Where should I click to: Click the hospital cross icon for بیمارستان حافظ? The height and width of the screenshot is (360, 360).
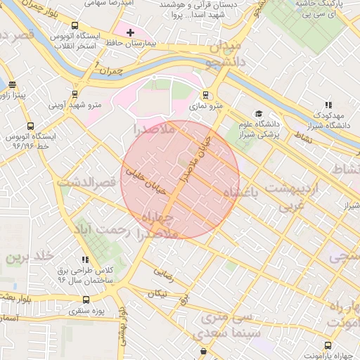[x=130, y=32]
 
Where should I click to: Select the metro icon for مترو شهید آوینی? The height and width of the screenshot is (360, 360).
[x=75, y=94]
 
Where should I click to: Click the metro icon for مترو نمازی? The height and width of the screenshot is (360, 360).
[x=205, y=95]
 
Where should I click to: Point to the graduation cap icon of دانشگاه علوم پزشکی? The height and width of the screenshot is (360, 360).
[x=259, y=114]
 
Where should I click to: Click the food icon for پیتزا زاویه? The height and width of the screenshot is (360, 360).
[x=13, y=84]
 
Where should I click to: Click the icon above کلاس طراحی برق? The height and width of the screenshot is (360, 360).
[x=85, y=259]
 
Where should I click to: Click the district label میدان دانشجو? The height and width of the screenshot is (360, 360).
[x=223, y=56]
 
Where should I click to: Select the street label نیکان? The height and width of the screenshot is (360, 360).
[x=157, y=293]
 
